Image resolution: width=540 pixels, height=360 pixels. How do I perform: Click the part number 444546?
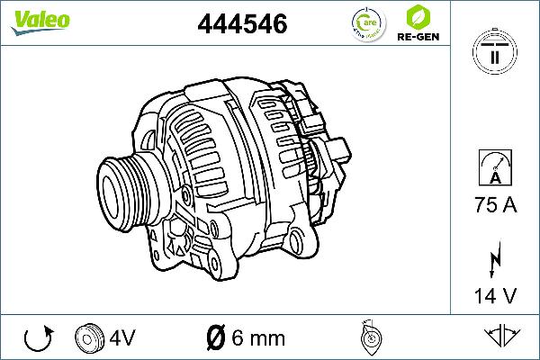pyautogui.click(x=241, y=23)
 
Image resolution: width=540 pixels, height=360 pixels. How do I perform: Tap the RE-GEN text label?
pyautogui.click(x=417, y=39)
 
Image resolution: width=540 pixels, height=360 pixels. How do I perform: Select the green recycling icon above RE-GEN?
pyautogui.click(x=417, y=17)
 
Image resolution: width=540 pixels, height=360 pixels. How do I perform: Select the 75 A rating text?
pyautogui.click(x=494, y=206)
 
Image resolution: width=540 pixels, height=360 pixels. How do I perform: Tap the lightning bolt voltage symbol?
pyautogui.click(x=494, y=261)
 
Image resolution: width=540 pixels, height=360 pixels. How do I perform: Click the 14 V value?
pyautogui.click(x=494, y=295)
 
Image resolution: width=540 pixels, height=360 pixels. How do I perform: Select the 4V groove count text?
pyautogui.click(x=123, y=338)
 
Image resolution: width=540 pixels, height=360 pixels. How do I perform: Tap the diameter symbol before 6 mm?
pyautogui.click(x=215, y=338)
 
